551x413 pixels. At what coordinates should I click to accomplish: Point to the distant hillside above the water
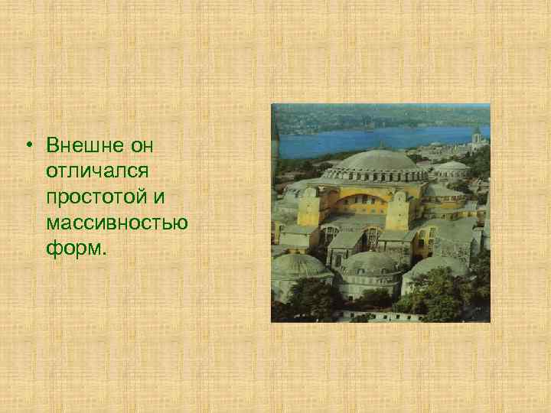click(x=367, y=116)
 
